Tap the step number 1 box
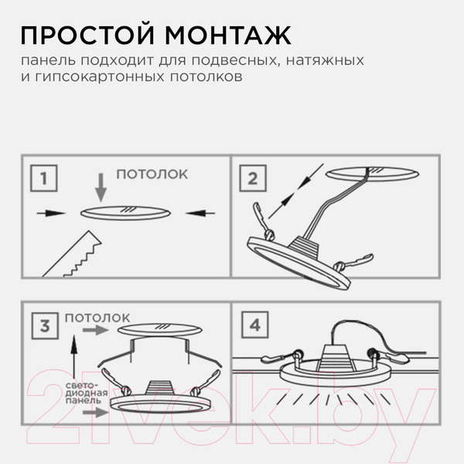46,181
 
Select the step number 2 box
252,179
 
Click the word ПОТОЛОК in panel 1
152,175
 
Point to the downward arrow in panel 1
98,186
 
